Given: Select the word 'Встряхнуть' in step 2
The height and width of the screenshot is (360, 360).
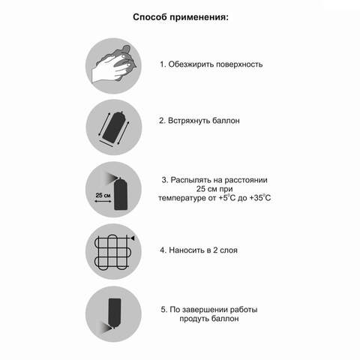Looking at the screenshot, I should [195, 120].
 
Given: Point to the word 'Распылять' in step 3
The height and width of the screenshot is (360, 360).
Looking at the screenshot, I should [193, 180].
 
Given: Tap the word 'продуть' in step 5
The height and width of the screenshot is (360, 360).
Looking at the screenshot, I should [193, 318].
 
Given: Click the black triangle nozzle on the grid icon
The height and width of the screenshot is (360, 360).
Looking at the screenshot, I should [133, 237].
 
